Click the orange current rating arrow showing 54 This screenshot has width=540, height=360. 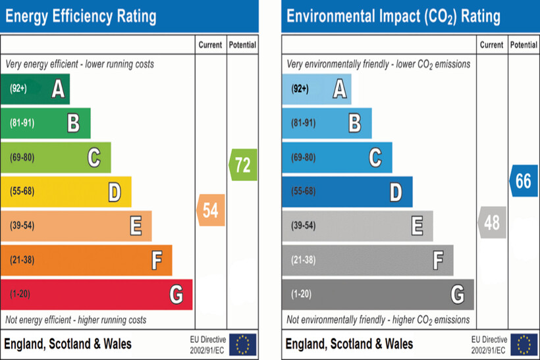click(x=211, y=211)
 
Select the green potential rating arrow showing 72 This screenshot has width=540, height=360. click(x=243, y=165)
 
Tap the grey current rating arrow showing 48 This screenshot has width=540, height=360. click(x=492, y=222)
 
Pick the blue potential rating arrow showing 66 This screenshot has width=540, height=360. click(x=523, y=181)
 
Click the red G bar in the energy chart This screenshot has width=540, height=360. click(x=96, y=294)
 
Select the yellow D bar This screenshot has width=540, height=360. click(x=66, y=192)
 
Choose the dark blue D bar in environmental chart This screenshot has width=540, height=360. click(x=347, y=192)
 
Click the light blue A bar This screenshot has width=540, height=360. click(x=316, y=89)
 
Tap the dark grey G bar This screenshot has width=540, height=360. click(x=377, y=294)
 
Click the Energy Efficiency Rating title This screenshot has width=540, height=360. click(x=81, y=16)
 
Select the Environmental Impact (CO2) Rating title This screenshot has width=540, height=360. click(x=393, y=16)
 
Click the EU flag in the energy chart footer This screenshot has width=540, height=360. click(x=243, y=344)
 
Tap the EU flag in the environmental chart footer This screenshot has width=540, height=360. click(x=524, y=344)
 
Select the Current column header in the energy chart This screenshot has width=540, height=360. click(x=211, y=45)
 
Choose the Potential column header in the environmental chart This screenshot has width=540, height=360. click(x=524, y=45)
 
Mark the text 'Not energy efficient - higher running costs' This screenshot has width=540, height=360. click(x=76, y=320)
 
